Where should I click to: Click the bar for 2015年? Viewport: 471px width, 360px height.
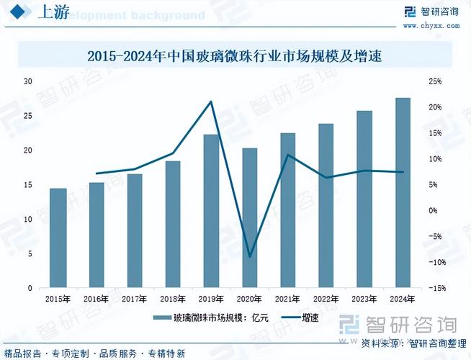coord(58,238)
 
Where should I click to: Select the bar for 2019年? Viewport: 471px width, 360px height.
coord(212,211)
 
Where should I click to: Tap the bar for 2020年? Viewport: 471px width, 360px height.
coord(250,217)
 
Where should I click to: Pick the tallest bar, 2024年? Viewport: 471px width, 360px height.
coord(403,192)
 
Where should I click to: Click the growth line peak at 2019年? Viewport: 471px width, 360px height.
coord(211,102)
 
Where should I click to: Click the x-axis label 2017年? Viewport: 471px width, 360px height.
coord(135,298)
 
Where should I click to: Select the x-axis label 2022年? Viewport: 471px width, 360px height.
coord(326,298)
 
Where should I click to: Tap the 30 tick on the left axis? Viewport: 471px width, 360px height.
coord(28,81)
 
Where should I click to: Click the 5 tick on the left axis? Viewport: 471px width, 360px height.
coord(30,253)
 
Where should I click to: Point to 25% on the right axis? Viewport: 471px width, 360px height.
coord(434,81)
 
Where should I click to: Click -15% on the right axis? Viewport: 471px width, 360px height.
coord(434,288)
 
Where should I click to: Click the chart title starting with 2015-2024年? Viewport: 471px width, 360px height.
coord(235,55)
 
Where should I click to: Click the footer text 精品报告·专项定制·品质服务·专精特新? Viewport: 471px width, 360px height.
coord(94,354)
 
